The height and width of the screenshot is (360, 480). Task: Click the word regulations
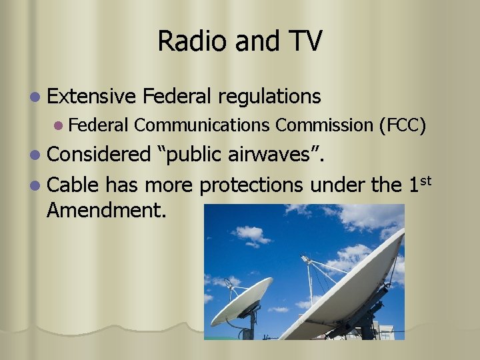[x=269, y=97]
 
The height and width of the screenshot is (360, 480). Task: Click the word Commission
[x=324, y=125]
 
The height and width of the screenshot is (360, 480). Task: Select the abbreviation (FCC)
[x=402, y=125]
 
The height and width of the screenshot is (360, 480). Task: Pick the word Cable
[x=73, y=184]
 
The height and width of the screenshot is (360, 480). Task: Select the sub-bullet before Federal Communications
[x=59, y=125]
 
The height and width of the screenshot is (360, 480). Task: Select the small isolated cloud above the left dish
[x=250, y=234]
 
